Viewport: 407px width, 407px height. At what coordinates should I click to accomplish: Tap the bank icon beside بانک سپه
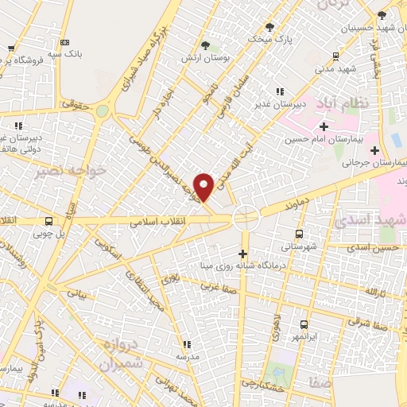point(65,42)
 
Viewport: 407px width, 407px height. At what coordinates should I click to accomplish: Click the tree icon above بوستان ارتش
point(206,45)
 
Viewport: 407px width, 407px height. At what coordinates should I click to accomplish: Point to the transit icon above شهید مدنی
point(336,56)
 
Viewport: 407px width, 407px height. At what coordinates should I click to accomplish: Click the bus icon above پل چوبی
point(49,222)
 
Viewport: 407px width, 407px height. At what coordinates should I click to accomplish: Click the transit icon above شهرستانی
point(299,234)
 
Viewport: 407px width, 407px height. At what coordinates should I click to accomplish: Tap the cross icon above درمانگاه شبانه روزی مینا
point(243,254)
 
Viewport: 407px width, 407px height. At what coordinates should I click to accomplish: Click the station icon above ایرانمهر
point(304,324)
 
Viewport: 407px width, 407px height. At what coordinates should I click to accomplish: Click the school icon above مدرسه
point(187,345)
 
